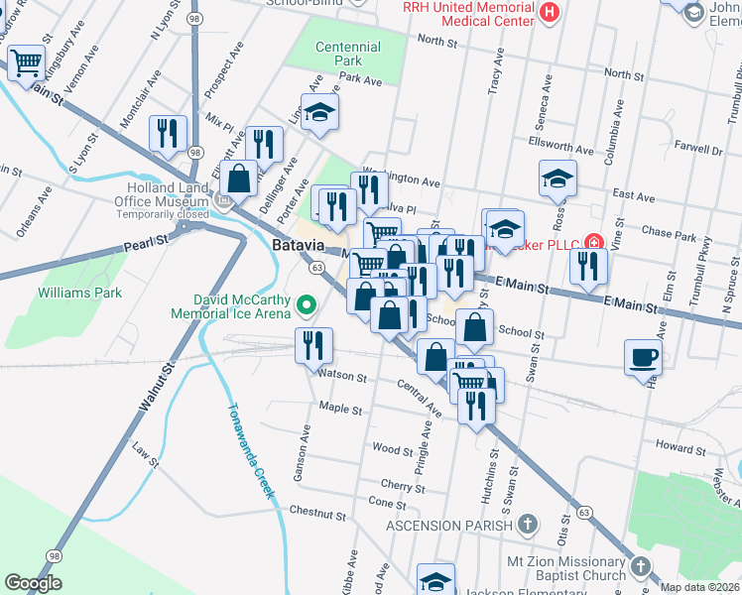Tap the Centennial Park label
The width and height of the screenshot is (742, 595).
347,54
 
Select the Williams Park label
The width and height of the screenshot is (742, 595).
79,293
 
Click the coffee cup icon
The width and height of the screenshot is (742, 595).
643,357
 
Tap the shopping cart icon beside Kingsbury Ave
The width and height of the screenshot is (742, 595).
26,62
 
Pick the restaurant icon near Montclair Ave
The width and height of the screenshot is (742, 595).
168,133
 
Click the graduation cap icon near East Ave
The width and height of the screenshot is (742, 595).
557,178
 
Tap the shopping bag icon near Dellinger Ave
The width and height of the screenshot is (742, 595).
239,179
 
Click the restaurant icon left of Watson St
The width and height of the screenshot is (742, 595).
313,345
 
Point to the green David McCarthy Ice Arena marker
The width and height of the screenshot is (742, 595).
308,305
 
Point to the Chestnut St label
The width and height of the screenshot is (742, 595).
315,512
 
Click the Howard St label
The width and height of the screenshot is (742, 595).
680,449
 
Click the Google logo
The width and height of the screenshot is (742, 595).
33,584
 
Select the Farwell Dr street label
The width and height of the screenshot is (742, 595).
699,151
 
